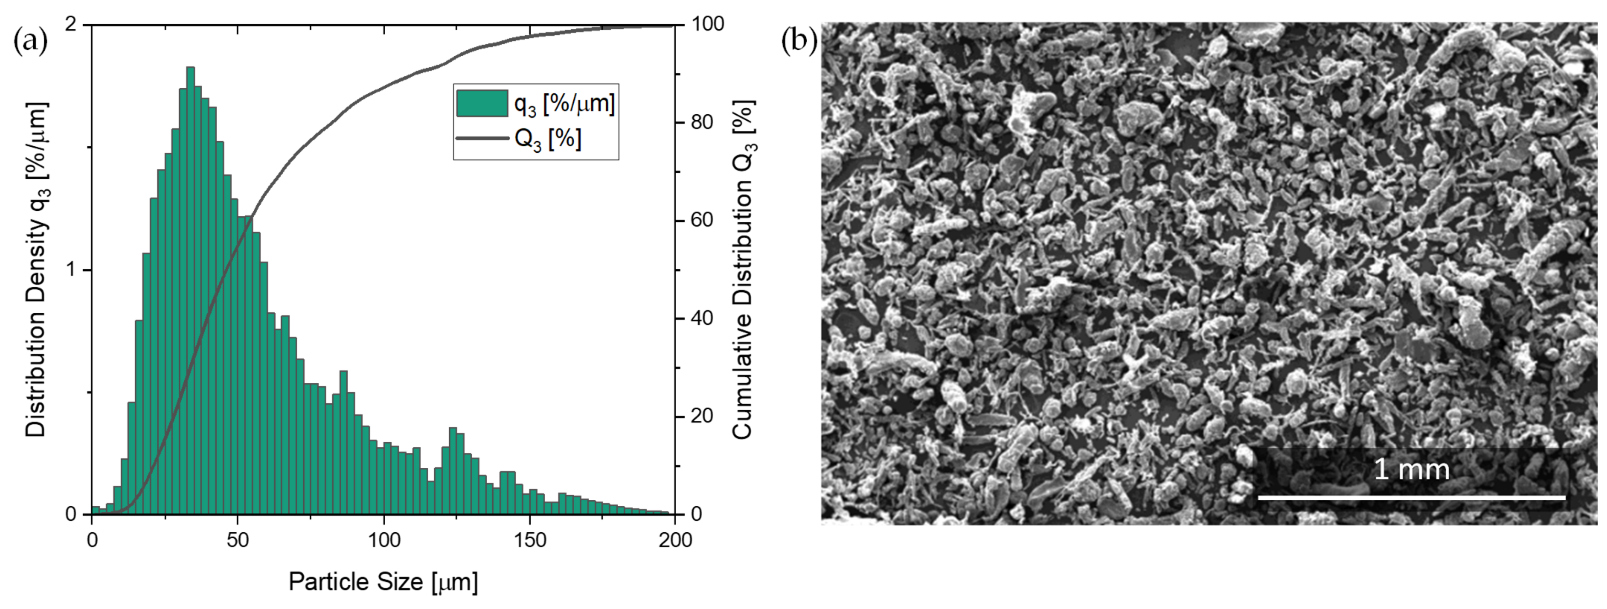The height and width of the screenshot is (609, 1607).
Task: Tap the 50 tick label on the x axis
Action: tap(237, 540)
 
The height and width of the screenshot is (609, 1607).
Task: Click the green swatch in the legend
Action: tap(482, 104)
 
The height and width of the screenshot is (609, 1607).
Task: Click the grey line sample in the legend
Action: tap(482, 138)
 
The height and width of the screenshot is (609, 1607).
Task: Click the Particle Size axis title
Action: tap(383, 582)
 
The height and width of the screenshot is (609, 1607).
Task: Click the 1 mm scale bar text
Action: tap(1411, 469)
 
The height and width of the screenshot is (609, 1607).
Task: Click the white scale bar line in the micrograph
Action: tap(1411, 497)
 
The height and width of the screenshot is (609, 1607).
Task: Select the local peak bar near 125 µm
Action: tap(453, 471)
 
